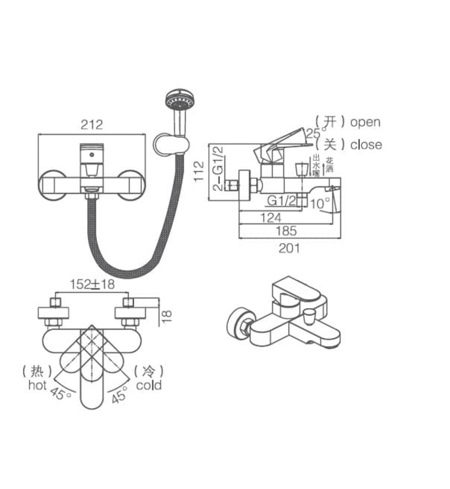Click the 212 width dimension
coord(91,125)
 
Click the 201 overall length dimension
coord(289,247)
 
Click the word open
coord(365,122)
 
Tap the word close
coord(366,145)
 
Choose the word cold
coord(149,385)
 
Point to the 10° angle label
coord(320,203)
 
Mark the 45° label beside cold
coord(120,395)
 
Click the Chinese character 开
coord(331,122)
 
